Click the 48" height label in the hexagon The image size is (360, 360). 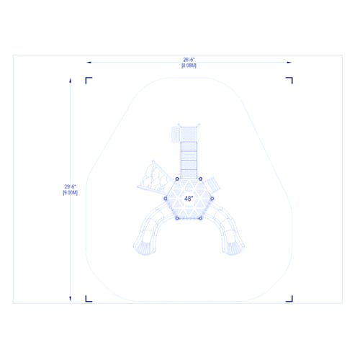pyautogui.click(x=189, y=199)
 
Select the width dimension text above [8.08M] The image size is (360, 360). pyautogui.click(x=189, y=60)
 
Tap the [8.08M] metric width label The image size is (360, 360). pyautogui.click(x=189, y=66)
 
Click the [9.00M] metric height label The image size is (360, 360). pyautogui.click(x=71, y=192)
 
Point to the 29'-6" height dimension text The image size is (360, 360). pyautogui.click(x=71, y=186)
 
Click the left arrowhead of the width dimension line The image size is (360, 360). pyautogui.click(x=89, y=63)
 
